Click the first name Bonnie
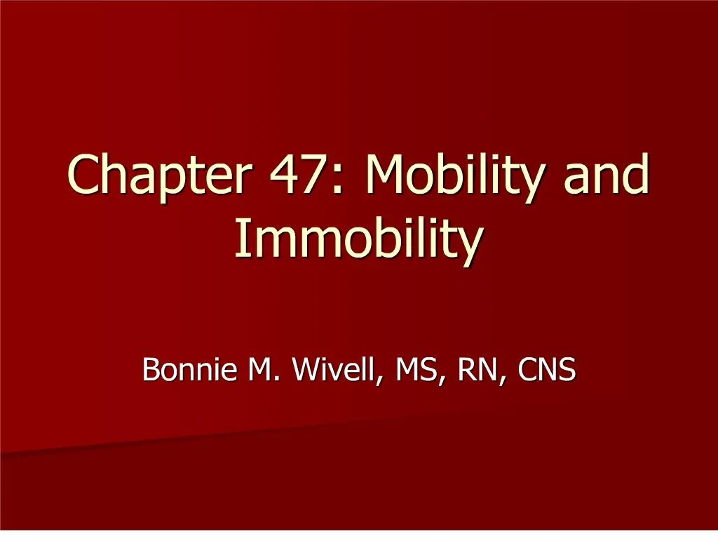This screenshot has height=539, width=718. coord(187,369)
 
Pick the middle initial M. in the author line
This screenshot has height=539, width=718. coord(259,369)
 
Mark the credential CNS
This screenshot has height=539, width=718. coord(547,369)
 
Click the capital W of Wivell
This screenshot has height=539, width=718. coord(306,369)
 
